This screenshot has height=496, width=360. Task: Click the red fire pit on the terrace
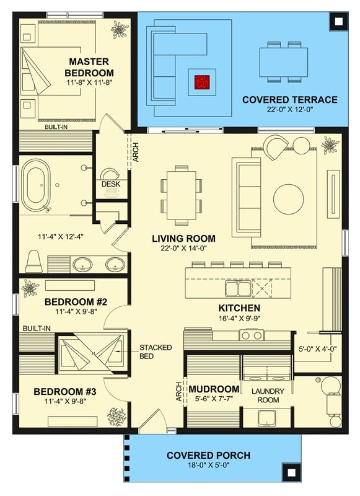coord(202,81)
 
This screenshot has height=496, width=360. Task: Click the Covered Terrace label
coord(289,99)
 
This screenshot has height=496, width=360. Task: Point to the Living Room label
coord(183,238)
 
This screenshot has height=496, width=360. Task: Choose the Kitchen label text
coord(239,308)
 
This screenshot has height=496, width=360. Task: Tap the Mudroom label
coord(214,389)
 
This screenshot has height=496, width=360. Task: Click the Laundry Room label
coord(268,396)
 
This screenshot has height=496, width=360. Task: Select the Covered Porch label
coord(208,456)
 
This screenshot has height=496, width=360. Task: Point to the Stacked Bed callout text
coord(156,352)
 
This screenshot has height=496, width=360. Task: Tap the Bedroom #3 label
coord(65,392)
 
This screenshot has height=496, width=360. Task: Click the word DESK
coord(110,184)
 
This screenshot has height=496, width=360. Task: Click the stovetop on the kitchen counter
coord(252,335)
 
